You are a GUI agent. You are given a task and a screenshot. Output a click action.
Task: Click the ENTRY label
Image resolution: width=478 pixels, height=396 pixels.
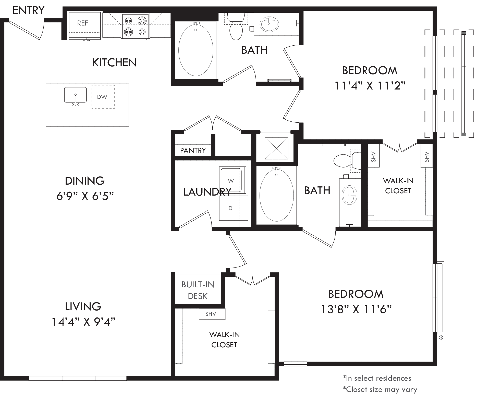[29, 10]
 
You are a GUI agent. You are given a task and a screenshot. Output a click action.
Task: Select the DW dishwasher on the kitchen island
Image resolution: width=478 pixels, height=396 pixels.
[103, 97]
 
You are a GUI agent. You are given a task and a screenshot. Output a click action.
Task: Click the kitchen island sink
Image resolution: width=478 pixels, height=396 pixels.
[75, 96]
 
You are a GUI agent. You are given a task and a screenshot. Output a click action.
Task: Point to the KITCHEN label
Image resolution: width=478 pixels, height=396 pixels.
[114, 62]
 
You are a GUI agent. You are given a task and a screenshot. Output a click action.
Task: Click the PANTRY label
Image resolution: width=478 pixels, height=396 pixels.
[193, 150]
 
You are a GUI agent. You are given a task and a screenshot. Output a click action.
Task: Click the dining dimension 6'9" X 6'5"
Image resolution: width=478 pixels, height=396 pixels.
[85, 196]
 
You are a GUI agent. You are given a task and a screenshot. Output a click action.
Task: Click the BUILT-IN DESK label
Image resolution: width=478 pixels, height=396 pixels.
[198, 290]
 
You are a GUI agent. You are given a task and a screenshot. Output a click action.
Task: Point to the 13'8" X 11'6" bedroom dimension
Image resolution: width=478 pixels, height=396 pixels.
[356, 310]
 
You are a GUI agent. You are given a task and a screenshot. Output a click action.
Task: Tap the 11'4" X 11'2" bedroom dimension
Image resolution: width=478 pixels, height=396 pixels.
[370, 86]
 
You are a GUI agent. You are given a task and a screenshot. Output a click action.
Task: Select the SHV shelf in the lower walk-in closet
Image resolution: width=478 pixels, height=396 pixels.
[212, 314]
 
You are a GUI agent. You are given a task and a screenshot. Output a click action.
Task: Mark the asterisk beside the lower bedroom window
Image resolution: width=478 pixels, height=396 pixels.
[441, 338]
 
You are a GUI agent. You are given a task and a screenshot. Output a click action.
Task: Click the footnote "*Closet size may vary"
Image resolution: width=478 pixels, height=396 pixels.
[380, 389]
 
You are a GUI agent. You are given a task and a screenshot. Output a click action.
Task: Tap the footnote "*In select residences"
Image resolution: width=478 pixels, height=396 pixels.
[377, 378]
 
